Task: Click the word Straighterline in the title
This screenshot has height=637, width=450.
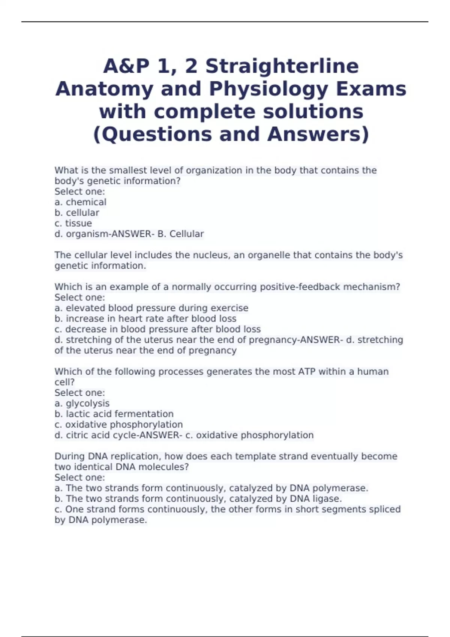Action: click(282, 66)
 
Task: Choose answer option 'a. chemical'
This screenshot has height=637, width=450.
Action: click(81, 202)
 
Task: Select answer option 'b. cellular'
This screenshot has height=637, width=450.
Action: click(77, 213)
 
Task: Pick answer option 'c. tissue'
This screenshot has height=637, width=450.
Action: click(73, 223)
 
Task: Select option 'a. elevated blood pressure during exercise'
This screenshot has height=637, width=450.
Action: click(151, 308)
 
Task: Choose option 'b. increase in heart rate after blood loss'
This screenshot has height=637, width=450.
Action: click(145, 318)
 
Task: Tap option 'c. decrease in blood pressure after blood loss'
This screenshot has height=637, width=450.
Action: click(157, 329)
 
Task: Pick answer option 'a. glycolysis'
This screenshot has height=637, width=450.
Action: click(82, 404)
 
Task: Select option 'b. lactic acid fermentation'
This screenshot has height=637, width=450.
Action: click(114, 414)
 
